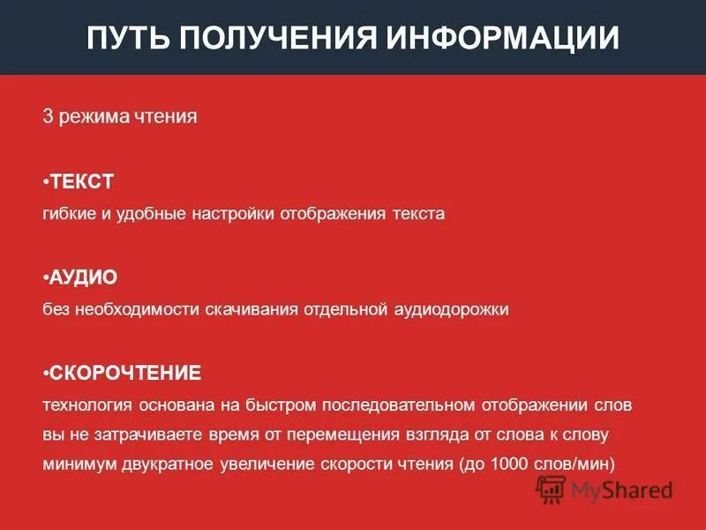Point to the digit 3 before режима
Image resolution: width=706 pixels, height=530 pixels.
tap(48, 117)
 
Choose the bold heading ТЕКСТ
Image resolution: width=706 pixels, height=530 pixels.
tap(82, 182)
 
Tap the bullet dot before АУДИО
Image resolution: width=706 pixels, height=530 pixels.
tap(45, 277)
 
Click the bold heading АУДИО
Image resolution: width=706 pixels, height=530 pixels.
tap(84, 277)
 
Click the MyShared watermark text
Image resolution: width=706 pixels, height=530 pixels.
tap(621, 489)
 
